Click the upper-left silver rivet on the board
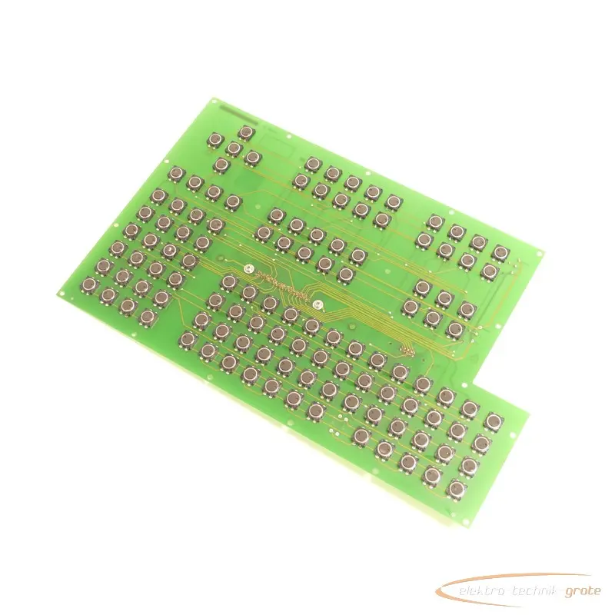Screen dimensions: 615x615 248,269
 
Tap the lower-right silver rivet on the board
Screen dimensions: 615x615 318,304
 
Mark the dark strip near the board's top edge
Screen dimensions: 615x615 239,114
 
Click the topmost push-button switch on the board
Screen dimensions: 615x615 246,133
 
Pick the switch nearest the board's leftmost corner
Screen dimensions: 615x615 89,284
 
